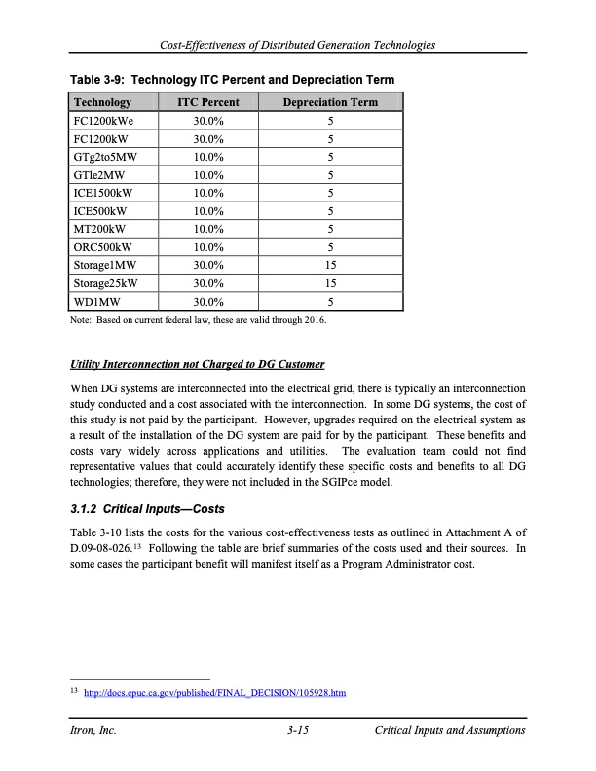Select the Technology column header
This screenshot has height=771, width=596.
[x=102, y=102]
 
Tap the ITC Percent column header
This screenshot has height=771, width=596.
[x=207, y=102]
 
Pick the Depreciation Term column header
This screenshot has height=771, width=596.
[x=330, y=102]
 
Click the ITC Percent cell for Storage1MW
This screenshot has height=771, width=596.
[x=207, y=264]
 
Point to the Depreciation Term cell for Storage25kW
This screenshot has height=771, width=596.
[x=330, y=282]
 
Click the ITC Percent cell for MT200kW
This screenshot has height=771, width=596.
[x=207, y=228]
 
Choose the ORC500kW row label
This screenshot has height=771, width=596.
[x=101, y=246]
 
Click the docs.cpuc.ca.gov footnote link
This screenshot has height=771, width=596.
[x=215, y=693]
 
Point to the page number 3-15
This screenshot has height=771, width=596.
[x=298, y=731]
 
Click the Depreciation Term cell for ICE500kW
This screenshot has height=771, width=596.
[x=330, y=210]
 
